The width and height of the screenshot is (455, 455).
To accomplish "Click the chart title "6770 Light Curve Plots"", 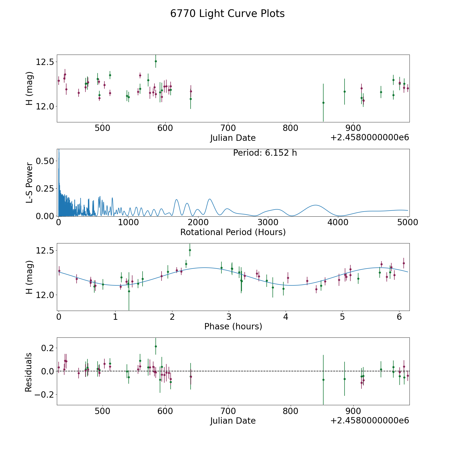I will pyautogui.click(x=227, y=14).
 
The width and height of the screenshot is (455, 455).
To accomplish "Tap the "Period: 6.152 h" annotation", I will pyautogui.click(x=265, y=153).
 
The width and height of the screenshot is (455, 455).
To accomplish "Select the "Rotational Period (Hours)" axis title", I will pyautogui.click(x=233, y=232).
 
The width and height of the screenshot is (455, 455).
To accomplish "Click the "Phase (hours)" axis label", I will pyautogui.click(x=233, y=326).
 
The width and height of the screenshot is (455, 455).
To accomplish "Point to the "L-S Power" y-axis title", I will pyautogui.click(x=29, y=183).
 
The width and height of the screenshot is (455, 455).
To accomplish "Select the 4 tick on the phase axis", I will pyautogui.click(x=286, y=317).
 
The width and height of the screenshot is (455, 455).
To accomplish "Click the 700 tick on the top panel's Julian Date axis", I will pyautogui.click(x=228, y=128).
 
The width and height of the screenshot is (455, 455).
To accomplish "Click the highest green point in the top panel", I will pyautogui.click(x=156, y=61).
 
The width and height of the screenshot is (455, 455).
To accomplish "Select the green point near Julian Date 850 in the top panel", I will pyautogui.click(x=323, y=103).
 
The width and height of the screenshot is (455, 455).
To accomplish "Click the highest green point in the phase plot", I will pyautogui.click(x=190, y=250).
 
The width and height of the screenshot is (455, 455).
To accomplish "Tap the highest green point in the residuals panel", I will pyautogui.click(x=156, y=346).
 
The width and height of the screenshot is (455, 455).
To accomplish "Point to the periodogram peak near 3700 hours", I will pyautogui.click(x=315, y=205).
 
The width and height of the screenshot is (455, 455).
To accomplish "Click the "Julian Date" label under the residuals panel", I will pyautogui.click(x=233, y=421).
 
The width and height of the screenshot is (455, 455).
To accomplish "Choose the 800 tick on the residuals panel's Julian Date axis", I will pyautogui.click(x=291, y=411).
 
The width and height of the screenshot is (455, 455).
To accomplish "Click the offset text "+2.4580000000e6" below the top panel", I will pyautogui.click(x=370, y=138).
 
